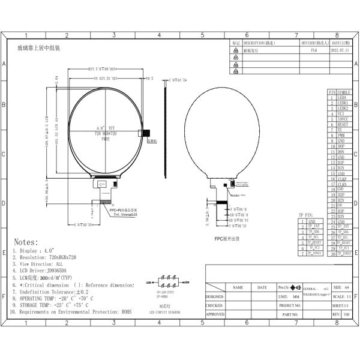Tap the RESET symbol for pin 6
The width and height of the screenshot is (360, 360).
(x=343, y=124)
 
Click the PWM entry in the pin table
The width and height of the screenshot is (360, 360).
(x=341, y=136)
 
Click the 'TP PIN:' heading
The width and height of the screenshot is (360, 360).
(x=305, y=215)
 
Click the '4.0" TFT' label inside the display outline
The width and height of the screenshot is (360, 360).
(x=105, y=128)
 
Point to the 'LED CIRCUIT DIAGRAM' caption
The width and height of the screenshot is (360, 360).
(x=165, y=311)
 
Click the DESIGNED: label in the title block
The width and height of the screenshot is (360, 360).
(x=215, y=296)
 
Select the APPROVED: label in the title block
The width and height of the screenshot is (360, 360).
(x=215, y=314)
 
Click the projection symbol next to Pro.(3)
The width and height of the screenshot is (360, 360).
(x=295, y=287)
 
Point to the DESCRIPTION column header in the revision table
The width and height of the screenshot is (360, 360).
(x=259, y=44)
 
